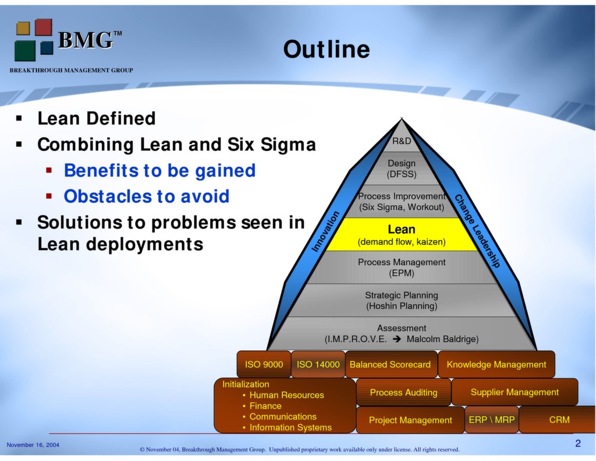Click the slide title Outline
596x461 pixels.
point(326,50)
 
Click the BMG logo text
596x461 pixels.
point(85,40)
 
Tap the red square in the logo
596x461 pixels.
point(43,27)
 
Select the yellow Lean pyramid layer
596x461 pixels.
point(402,235)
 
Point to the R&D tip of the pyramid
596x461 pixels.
point(402,141)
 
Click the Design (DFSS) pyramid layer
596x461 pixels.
point(402,168)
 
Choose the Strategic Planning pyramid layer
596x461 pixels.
point(402,301)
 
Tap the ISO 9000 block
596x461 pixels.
point(264,364)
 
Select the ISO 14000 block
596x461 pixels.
point(318,364)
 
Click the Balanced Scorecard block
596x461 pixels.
point(390,364)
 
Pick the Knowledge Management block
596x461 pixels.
point(496,364)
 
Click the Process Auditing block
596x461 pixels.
point(403,392)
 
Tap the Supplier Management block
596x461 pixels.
point(515,392)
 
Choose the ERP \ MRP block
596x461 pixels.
point(491,420)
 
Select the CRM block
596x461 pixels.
point(559,420)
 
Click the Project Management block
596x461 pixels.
point(410,420)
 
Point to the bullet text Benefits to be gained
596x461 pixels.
point(159,170)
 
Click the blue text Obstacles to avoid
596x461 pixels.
point(146,196)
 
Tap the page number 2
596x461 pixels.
point(577,444)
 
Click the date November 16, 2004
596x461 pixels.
point(33,445)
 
